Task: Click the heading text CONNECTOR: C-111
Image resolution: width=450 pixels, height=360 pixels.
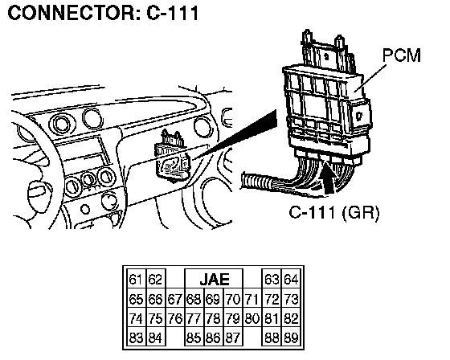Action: tap(104, 13)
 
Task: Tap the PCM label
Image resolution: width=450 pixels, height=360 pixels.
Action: tap(402, 55)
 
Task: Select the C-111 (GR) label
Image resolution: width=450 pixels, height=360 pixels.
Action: tap(334, 213)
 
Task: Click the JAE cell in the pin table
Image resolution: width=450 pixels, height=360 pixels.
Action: tap(214, 279)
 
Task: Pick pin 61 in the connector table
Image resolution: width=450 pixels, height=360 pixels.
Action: tap(137, 280)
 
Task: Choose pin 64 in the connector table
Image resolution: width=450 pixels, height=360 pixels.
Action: tap(292, 280)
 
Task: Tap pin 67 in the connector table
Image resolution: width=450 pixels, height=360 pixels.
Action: tap(175, 299)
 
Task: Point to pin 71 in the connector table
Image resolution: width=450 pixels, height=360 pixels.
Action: tap(252, 299)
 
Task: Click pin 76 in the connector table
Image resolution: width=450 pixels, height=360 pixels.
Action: tap(175, 319)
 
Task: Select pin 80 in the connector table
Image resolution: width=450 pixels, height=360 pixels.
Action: tap(252, 319)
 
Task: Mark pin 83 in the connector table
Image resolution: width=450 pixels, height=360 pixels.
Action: tap(137, 337)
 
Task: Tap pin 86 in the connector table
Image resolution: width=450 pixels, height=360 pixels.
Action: tap(213, 337)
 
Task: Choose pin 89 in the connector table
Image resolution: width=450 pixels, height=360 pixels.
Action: tap(292, 337)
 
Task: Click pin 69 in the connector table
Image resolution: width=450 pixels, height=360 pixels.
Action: tap(213, 299)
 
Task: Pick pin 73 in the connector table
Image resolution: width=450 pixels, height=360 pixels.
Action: tap(292, 299)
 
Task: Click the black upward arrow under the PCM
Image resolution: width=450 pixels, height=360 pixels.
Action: tap(328, 178)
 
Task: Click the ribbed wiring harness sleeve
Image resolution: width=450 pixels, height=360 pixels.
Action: tap(256, 182)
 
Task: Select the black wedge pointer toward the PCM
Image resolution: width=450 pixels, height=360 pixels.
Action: tap(235, 135)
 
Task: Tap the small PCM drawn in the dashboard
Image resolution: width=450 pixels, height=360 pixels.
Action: tap(172, 157)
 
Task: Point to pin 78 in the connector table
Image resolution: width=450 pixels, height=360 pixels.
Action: tap(213, 319)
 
